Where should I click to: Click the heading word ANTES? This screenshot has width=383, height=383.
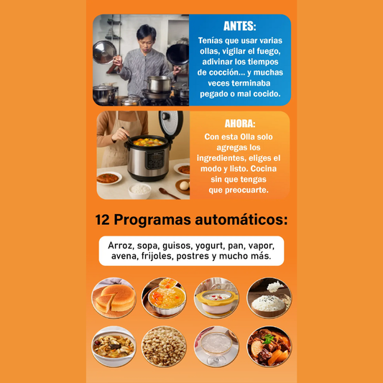click(x=239, y=26)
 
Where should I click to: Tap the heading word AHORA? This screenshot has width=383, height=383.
click(x=240, y=124)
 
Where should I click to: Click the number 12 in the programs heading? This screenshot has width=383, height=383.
click(x=102, y=220)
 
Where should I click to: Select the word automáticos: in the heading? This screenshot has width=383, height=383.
click(x=241, y=220)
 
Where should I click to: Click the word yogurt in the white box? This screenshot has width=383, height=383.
click(x=209, y=246)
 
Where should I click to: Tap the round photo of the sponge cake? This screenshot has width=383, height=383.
click(x=114, y=297)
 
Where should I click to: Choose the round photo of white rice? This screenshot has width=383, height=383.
click(x=269, y=297)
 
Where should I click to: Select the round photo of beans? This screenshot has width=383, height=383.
click(x=164, y=346)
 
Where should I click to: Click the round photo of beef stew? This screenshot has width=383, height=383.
click(x=269, y=346)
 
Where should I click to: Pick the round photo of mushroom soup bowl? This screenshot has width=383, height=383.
click(x=114, y=346)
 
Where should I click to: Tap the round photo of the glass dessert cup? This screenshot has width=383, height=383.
click(x=216, y=346)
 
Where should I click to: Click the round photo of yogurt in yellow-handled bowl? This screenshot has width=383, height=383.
click(x=216, y=297)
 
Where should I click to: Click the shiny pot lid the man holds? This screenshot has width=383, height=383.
click(x=104, y=52)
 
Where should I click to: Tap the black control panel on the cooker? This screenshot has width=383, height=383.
click(x=155, y=160)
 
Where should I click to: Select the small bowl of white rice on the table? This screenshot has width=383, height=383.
click(x=139, y=190)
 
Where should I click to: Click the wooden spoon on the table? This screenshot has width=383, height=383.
click(x=169, y=193)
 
